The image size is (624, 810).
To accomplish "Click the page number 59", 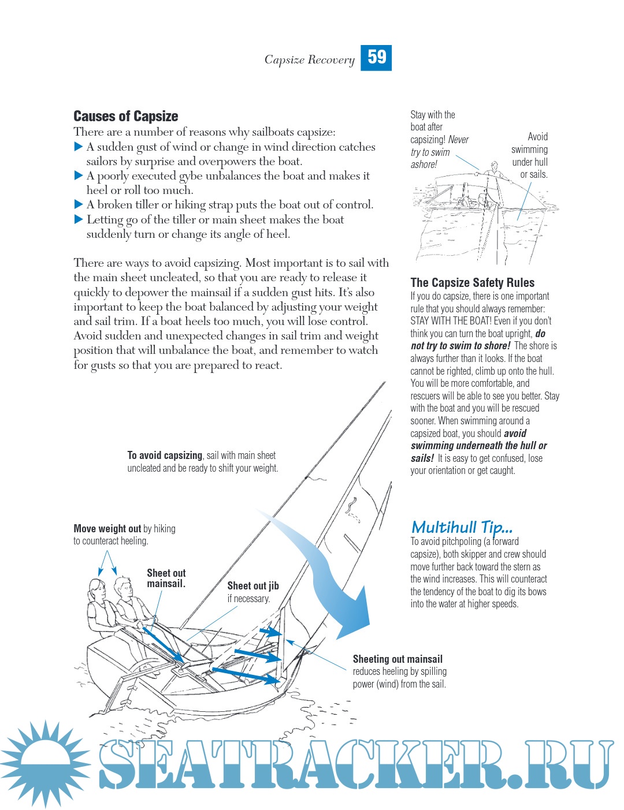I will [376, 57].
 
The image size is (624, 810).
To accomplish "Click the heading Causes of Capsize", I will [125, 116].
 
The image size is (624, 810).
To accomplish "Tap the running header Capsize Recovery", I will [309, 59].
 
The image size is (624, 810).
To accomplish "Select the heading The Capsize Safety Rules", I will [472, 282].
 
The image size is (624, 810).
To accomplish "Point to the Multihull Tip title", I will [462, 527].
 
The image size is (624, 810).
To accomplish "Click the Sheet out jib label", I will [252, 586].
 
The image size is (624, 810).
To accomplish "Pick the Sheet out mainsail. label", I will [166, 578].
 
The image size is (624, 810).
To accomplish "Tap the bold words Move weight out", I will [107, 528].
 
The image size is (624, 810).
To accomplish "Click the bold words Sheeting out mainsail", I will [398, 659].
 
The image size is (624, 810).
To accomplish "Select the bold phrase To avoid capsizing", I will [165, 455].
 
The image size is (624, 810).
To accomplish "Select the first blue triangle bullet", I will [79, 147].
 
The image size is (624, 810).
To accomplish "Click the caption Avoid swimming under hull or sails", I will [530, 155].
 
